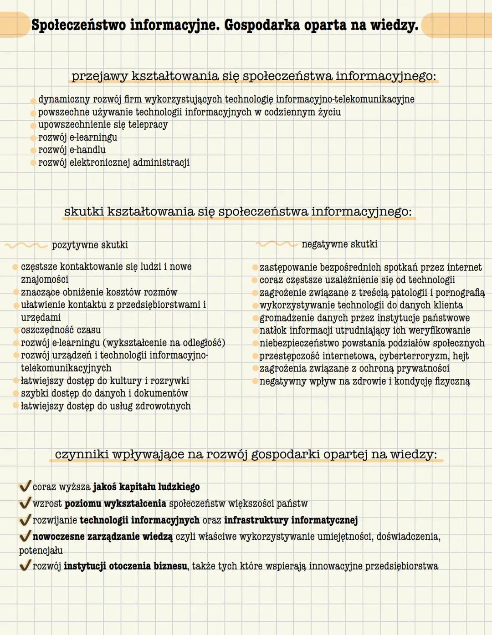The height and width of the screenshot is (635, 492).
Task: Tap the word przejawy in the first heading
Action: (x=99, y=76)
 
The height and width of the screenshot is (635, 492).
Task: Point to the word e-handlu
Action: (x=87, y=150)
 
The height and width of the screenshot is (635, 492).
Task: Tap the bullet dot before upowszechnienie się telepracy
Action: (x=33, y=126)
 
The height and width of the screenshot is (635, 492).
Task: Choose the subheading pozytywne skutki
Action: (x=90, y=245)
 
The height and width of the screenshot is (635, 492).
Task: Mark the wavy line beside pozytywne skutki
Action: (x=26, y=245)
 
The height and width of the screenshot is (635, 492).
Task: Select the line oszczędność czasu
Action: (x=61, y=330)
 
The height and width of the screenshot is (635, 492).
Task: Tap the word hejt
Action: (x=461, y=356)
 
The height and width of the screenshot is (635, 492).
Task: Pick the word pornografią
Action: (x=460, y=293)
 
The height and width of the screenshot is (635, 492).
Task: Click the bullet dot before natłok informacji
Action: (x=255, y=331)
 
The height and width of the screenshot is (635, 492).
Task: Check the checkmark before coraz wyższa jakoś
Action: (x=25, y=486)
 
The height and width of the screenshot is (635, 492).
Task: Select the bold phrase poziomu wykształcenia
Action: (x=115, y=503)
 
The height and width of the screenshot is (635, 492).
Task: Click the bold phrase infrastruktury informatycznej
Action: (x=291, y=520)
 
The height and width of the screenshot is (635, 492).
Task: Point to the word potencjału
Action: (x=41, y=550)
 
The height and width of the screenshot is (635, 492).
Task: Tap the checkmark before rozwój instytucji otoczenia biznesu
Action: (x=25, y=565)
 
